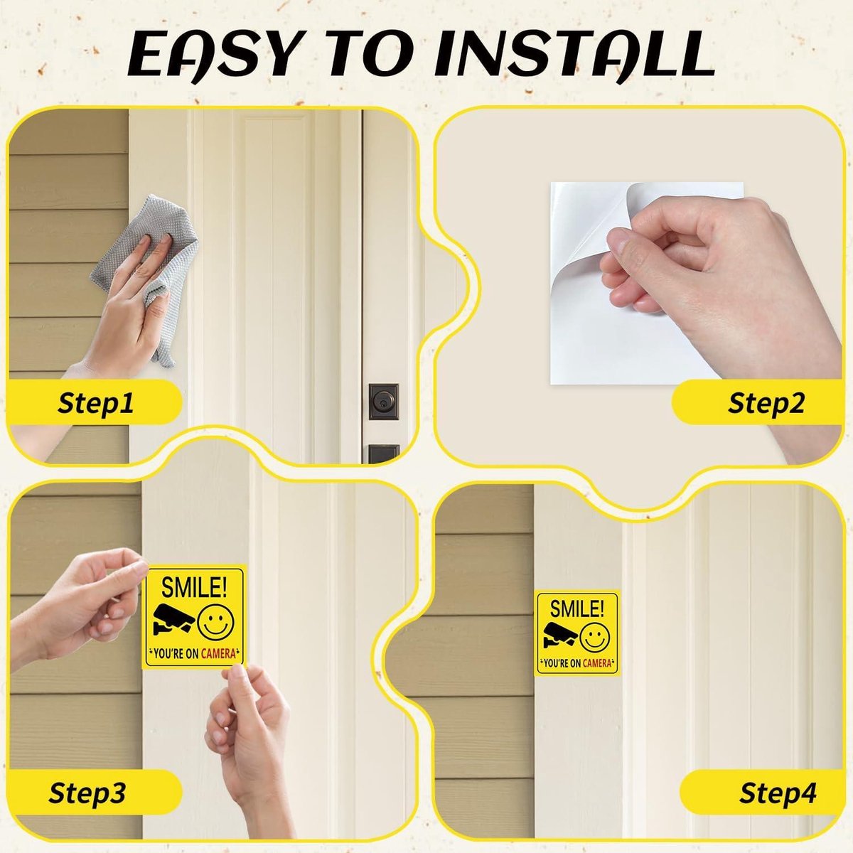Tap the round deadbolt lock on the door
coord(383,402)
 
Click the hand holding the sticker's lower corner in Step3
coord(249,725)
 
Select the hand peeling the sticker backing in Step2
coord(711,270)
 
